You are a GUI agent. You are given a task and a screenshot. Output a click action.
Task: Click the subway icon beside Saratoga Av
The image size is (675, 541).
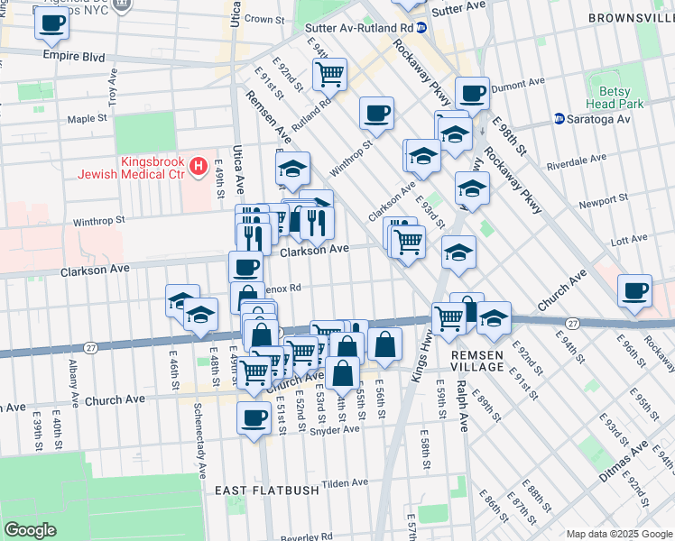point(559,119)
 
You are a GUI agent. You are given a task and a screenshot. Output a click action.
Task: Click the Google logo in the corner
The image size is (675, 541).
point(31,530)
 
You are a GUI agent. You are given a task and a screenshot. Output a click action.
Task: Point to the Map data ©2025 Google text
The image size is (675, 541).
point(618,534)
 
